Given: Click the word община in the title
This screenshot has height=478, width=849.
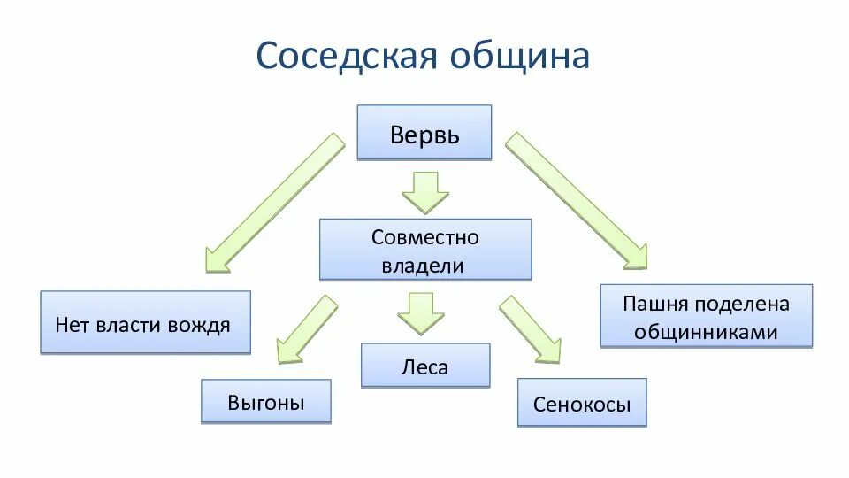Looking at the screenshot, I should coord(520,55).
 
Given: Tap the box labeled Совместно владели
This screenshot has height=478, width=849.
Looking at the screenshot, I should coord(424,251).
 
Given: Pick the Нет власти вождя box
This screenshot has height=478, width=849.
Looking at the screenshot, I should coord(145,323).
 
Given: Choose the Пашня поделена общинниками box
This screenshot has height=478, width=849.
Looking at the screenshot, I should coord(706,316).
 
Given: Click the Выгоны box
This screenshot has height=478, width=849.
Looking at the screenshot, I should coord(265,403).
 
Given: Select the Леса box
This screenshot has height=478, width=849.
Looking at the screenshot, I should coord(424,366).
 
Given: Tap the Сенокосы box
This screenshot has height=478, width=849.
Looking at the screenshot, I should coord(582,404).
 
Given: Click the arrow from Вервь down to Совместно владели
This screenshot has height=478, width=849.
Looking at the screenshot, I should coord(425,191).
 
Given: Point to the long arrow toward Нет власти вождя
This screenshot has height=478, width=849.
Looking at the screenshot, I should coord(274,204).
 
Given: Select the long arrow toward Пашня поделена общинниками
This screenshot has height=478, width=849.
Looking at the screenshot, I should coord(576,200).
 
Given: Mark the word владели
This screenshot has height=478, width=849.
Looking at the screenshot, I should coord(424,265).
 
